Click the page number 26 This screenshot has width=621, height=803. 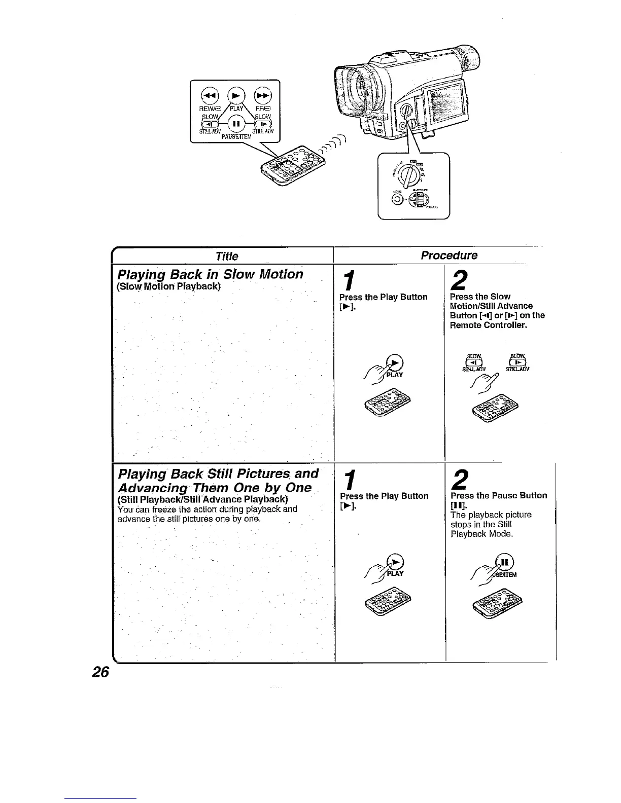(x=100, y=672)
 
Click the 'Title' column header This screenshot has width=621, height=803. (x=226, y=256)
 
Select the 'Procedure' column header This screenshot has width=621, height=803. (x=449, y=255)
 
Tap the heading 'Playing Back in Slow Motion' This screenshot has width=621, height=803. (x=210, y=274)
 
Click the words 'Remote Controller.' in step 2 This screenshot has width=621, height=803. (x=489, y=325)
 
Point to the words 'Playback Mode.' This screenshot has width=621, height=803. (x=482, y=534)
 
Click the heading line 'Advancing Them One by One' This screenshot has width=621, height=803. (x=214, y=487)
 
